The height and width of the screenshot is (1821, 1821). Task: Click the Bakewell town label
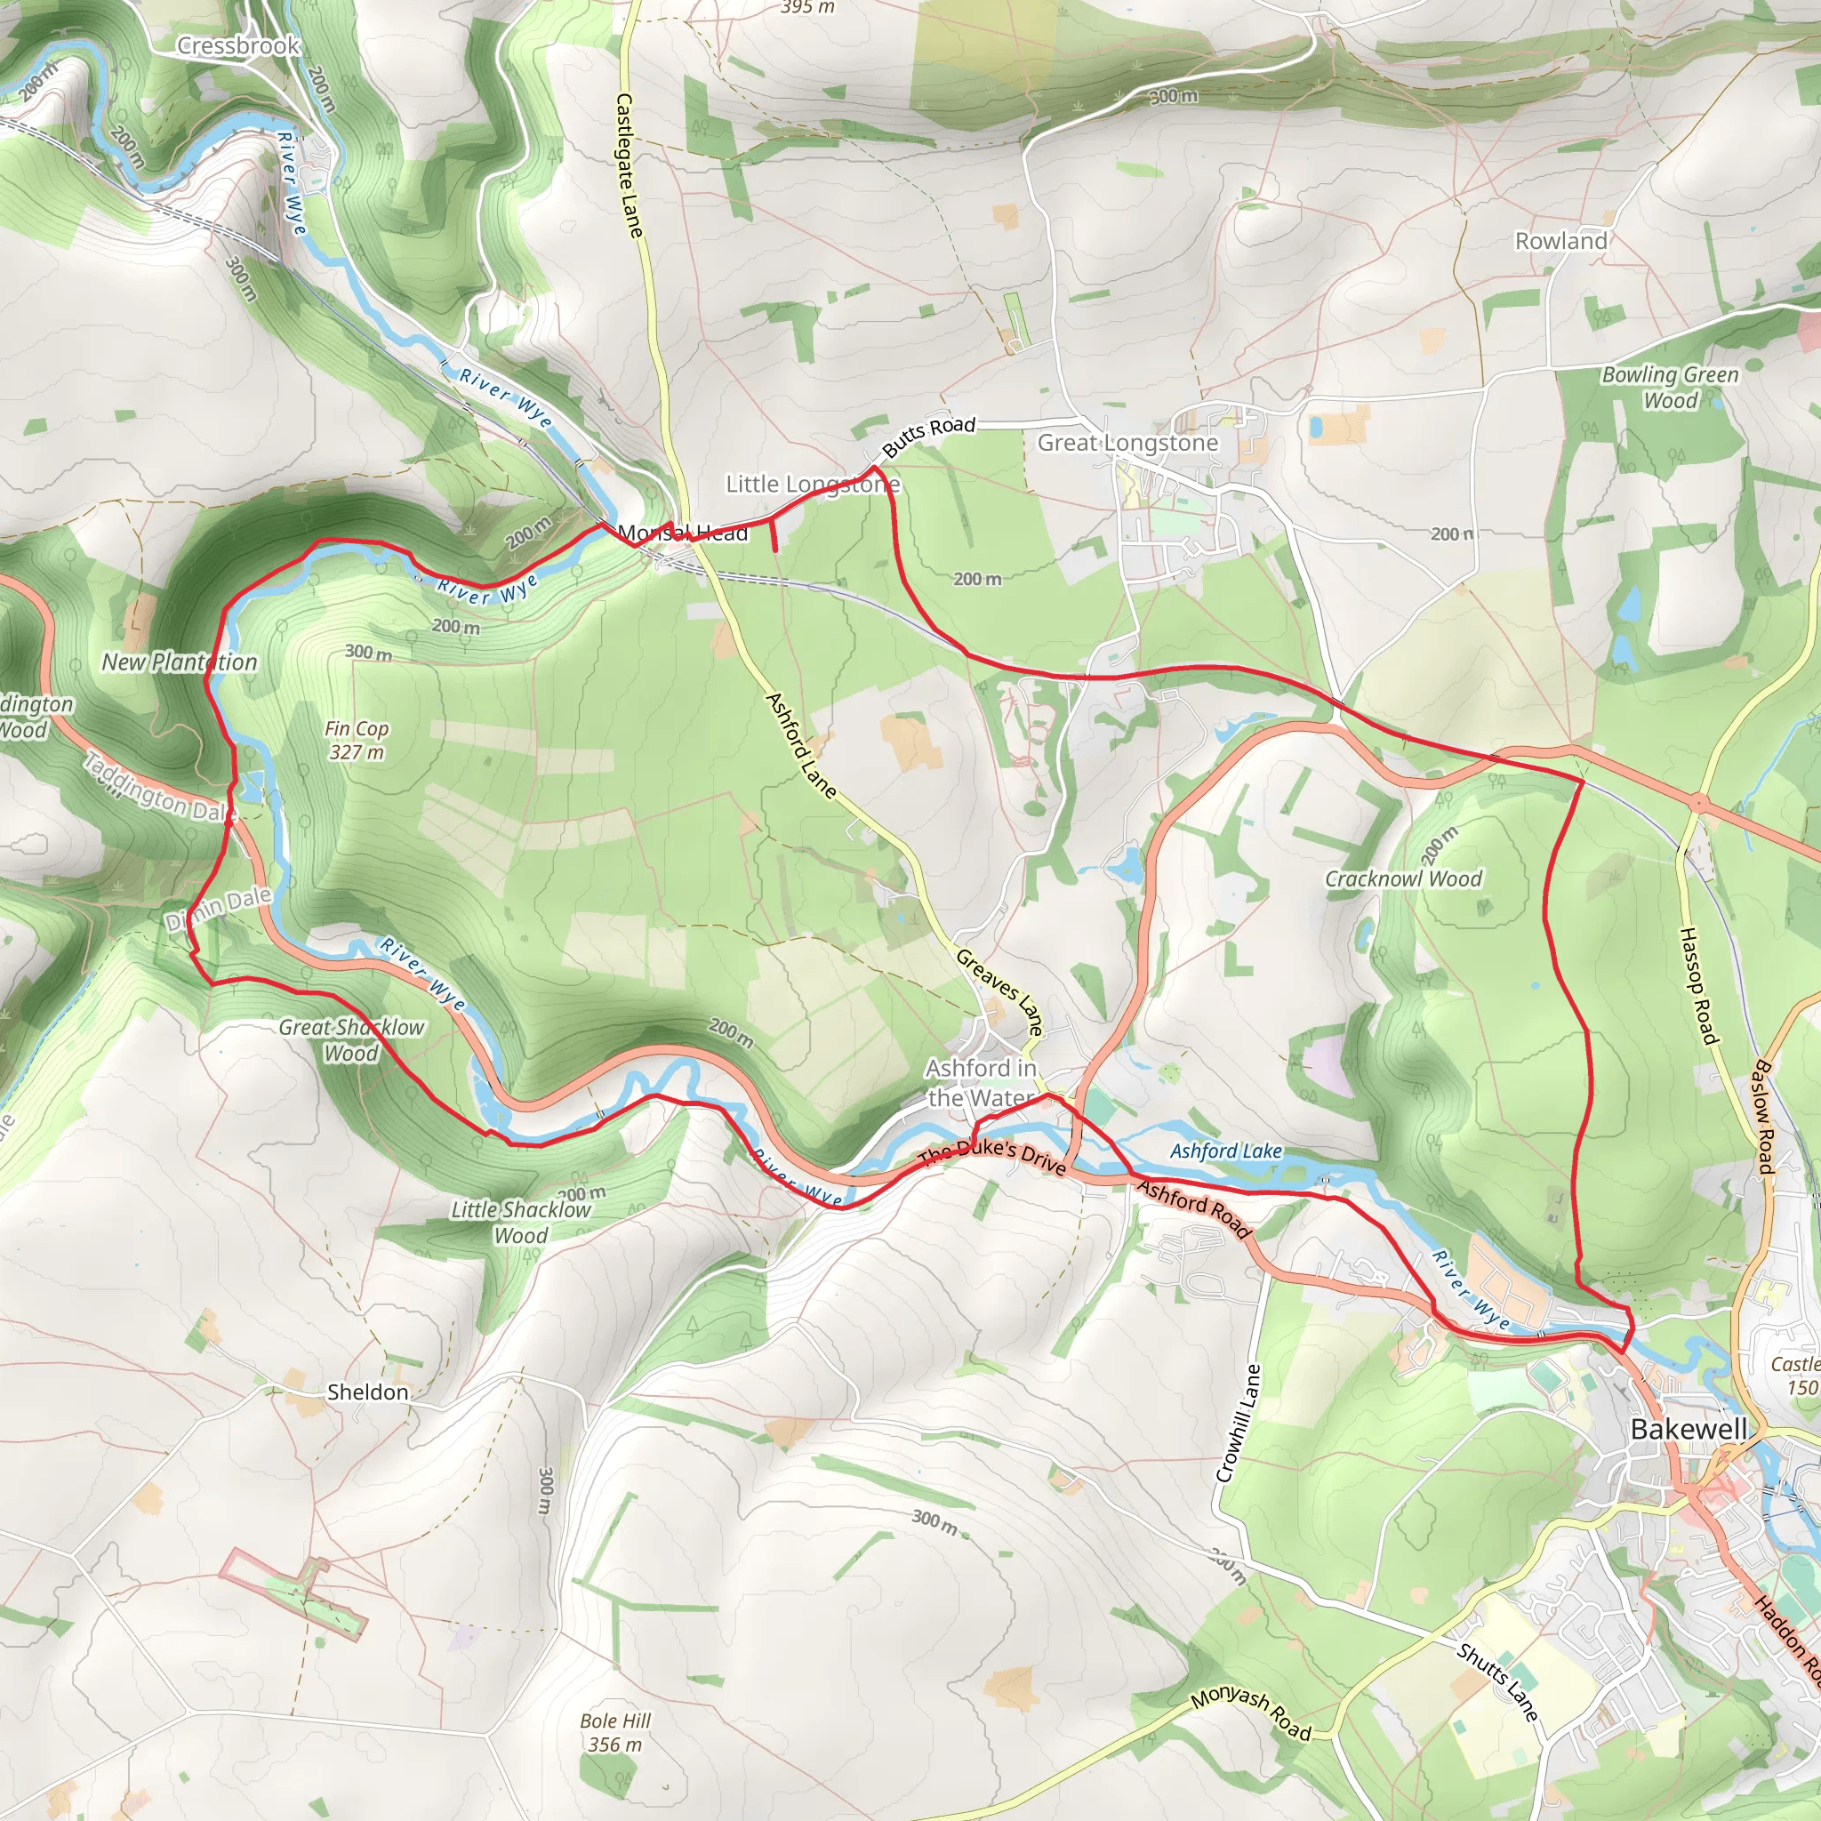1689,1429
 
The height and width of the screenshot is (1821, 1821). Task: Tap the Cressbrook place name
237,45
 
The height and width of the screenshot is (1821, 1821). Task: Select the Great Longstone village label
1127,443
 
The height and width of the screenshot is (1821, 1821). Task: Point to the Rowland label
1560,241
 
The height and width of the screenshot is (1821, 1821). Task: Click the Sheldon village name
367,1392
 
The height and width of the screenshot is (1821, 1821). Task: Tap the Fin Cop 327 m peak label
357,740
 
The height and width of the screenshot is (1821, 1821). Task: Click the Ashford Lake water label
1225,1151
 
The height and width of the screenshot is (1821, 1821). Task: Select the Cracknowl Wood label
1403,879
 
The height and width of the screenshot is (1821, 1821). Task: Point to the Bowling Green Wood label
1670,388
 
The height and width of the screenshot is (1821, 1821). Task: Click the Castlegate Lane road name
629,165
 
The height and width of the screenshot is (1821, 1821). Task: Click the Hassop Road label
1698,986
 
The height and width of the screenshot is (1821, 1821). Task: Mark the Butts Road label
928,436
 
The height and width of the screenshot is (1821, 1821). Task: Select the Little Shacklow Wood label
521,1222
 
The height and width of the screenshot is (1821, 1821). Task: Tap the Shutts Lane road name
1497,1681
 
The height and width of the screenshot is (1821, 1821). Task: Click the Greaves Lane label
999,992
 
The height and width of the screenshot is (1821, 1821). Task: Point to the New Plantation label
179,662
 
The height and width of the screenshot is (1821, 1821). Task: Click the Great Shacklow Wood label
351,1039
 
